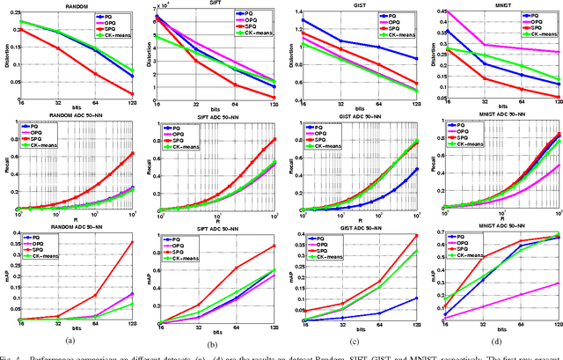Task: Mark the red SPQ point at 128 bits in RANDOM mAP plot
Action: pyautogui.click(x=132, y=242)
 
